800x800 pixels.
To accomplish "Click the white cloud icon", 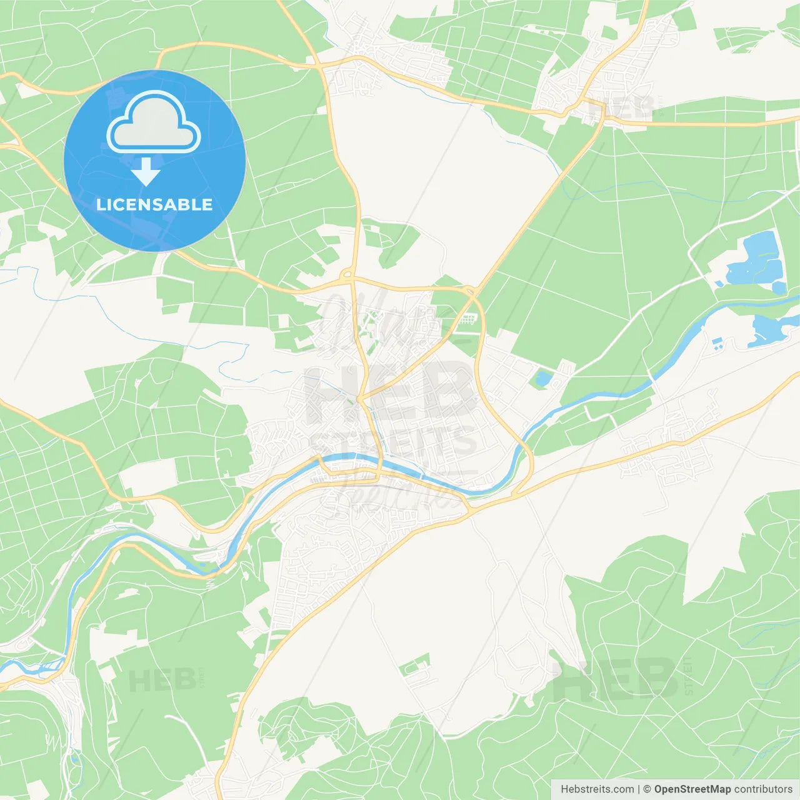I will click(x=154, y=122).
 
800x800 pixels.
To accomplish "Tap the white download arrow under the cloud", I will click(x=146, y=171).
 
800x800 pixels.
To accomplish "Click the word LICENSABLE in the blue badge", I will click(x=154, y=204).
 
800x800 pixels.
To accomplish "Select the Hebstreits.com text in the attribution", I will click(x=597, y=789).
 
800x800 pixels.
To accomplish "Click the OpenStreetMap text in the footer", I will click(x=692, y=789).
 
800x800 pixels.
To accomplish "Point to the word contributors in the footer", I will click(x=763, y=789).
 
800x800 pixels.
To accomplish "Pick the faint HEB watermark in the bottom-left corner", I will click(x=161, y=680).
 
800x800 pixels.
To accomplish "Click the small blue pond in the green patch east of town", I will click(x=542, y=378).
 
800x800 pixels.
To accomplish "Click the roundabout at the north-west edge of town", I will click(x=347, y=275).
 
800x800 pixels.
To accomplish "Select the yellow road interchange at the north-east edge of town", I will click(x=470, y=291).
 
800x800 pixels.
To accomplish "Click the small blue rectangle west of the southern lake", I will click(x=717, y=342).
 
